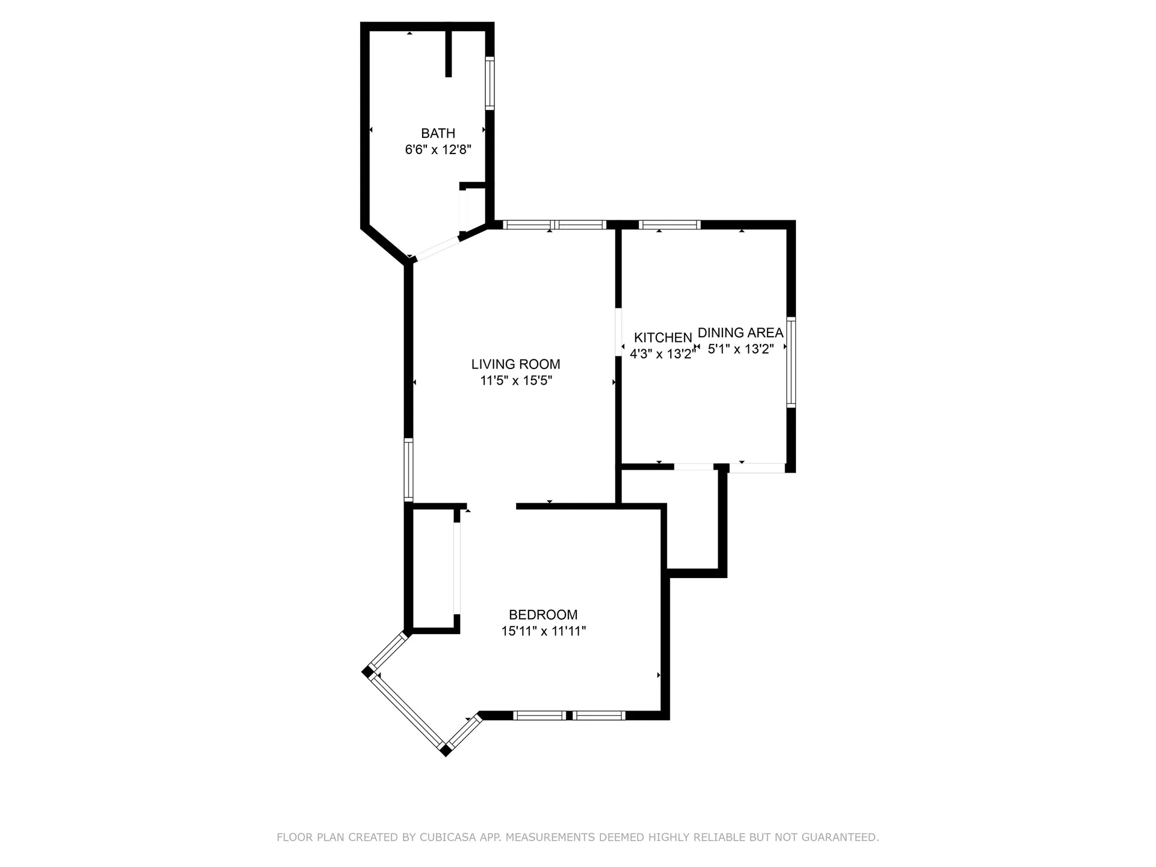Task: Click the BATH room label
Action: click(438, 133)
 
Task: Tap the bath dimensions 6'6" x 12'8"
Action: click(438, 149)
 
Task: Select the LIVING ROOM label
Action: click(515, 364)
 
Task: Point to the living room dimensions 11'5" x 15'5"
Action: click(515, 381)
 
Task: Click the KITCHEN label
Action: click(663, 338)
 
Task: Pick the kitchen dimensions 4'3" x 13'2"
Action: click(662, 354)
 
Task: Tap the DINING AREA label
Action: click(740, 332)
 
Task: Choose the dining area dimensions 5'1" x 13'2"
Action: click(740, 349)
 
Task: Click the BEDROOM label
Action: click(543, 615)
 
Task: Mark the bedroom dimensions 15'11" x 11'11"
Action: click(543, 631)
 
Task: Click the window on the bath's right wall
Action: click(489, 83)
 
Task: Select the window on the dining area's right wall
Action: click(791, 362)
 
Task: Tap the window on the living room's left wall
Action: click(408, 470)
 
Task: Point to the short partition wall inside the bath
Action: click(448, 54)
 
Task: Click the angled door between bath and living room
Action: click(438, 248)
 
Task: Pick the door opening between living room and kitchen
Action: click(618, 332)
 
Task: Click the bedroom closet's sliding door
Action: click(457, 568)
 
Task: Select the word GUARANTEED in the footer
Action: click(842, 837)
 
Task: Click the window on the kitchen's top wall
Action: click(670, 225)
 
